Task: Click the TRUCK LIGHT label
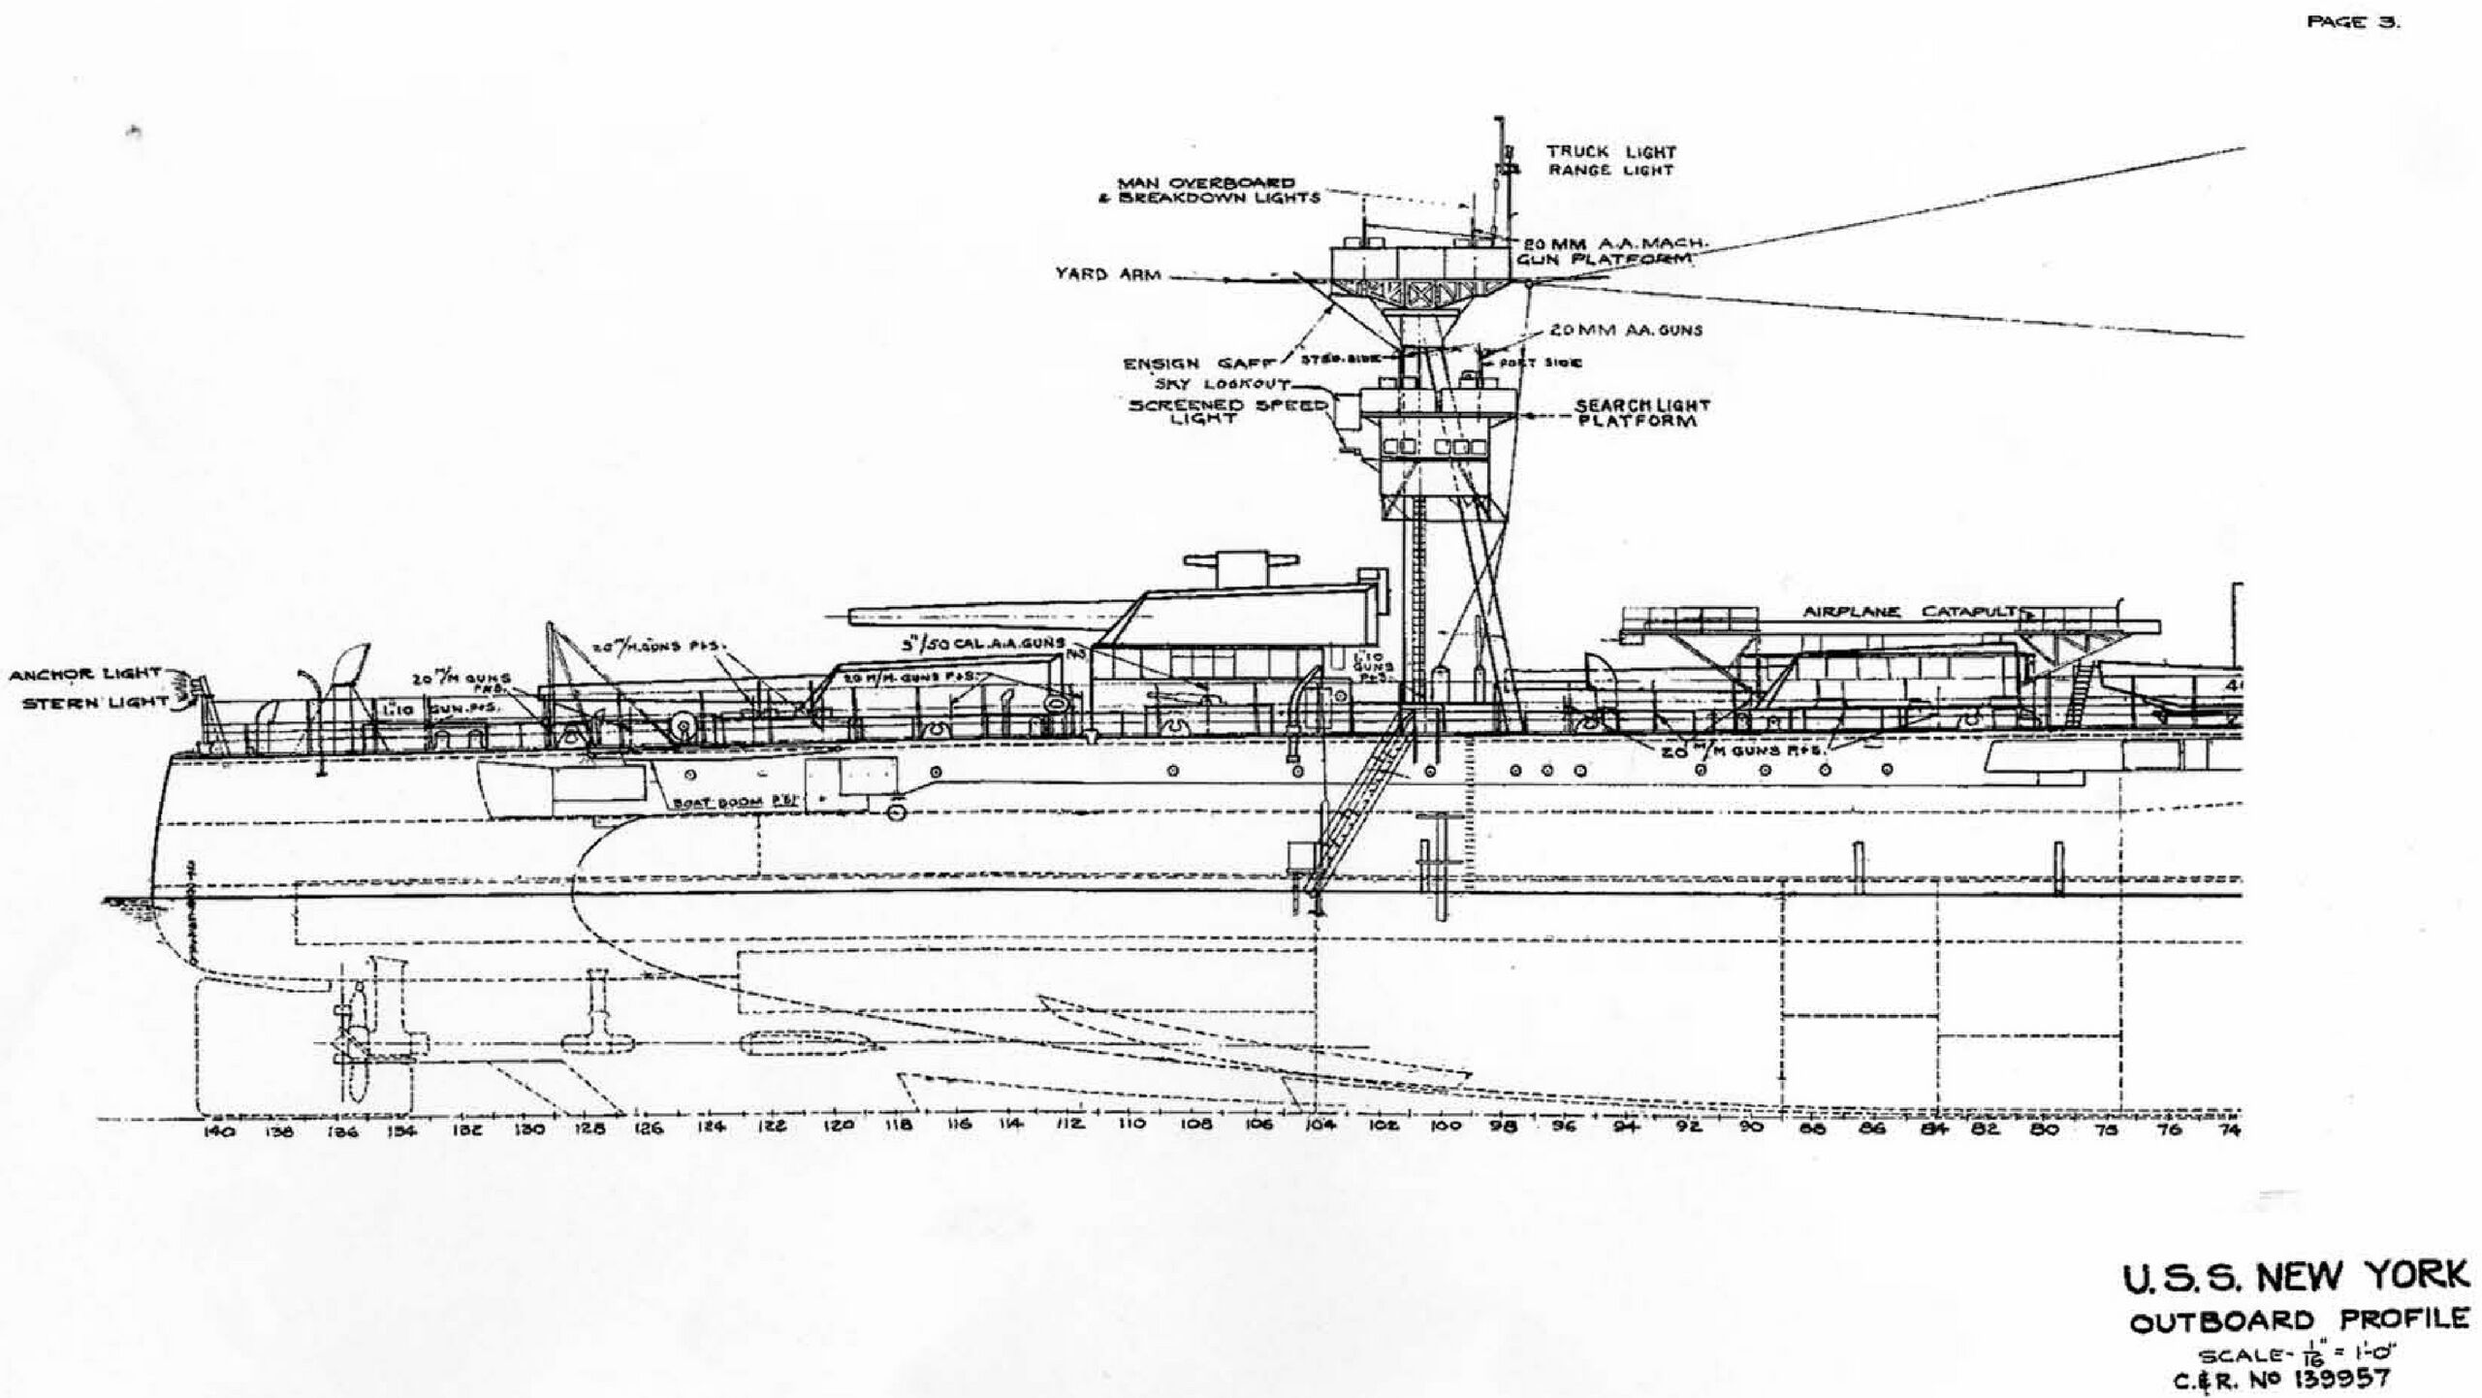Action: point(1610,151)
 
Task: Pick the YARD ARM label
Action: point(1108,274)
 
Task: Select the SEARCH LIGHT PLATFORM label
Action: point(1641,413)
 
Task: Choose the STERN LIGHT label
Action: point(95,701)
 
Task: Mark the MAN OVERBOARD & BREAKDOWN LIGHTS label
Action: point(1219,190)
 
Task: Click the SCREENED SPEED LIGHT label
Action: point(1225,412)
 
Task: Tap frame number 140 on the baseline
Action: point(215,1130)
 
